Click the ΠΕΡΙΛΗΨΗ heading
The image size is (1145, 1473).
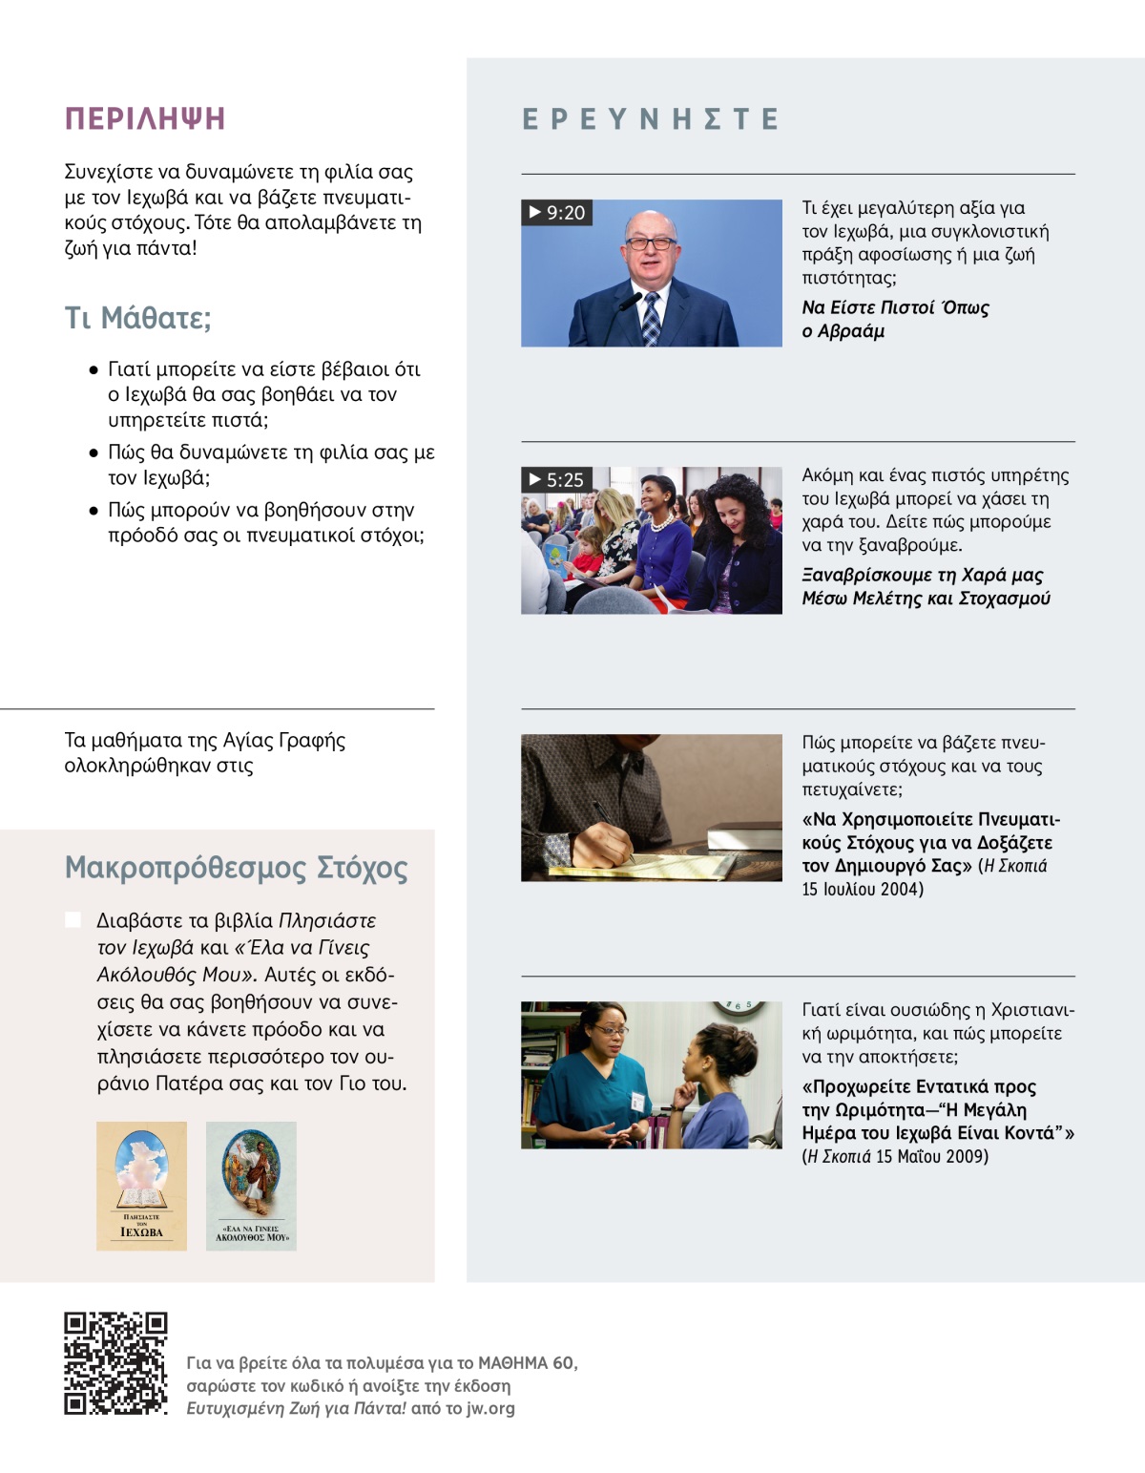pyautogui.click(x=144, y=118)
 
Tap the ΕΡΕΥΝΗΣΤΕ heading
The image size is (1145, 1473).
pyautogui.click(x=651, y=119)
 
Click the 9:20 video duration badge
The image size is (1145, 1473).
pyautogui.click(x=557, y=213)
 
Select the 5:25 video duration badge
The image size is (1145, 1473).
pyautogui.click(x=557, y=480)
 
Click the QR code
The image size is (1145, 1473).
pyautogui.click(x=115, y=1363)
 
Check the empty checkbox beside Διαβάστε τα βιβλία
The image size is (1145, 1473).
pyautogui.click(x=73, y=919)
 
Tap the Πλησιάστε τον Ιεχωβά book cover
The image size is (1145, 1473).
pyautogui.click(x=141, y=1186)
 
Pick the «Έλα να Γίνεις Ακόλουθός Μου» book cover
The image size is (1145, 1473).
pyautogui.click(x=251, y=1186)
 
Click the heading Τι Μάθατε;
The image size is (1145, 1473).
pyautogui.click(x=137, y=317)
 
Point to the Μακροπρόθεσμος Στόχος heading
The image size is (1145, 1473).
pyautogui.click(x=236, y=868)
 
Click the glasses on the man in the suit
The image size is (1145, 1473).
pyautogui.click(x=651, y=243)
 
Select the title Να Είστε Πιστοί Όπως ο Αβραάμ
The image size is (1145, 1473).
pyautogui.click(x=894, y=319)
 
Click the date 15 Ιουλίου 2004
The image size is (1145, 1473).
pyautogui.click(x=863, y=890)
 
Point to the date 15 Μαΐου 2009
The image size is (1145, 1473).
pyautogui.click(x=932, y=1157)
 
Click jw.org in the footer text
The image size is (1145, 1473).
pyautogui.click(x=490, y=1408)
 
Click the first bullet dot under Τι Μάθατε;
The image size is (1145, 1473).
pyautogui.click(x=94, y=369)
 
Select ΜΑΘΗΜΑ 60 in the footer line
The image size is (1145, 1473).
pyautogui.click(x=527, y=1363)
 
